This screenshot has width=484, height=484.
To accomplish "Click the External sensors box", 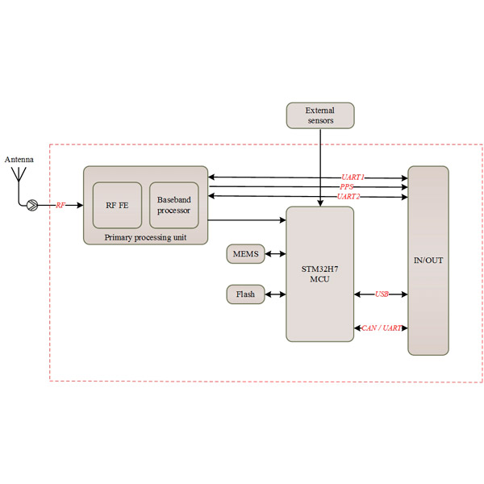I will click(x=320, y=115).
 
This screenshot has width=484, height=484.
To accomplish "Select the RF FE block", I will click(x=118, y=206).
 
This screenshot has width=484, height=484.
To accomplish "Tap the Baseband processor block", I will click(x=173, y=206).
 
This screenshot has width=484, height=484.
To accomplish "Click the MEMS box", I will click(x=245, y=254).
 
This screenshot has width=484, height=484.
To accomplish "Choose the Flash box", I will click(x=245, y=294).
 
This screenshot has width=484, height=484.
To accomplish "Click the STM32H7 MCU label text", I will click(x=319, y=273).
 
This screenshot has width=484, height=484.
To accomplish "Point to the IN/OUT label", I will click(x=428, y=261).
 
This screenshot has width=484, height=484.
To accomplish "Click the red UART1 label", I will click(x=352, y=177).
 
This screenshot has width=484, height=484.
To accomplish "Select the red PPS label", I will click(x=347, y=186).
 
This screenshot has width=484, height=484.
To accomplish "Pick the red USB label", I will click(x=382, y=294).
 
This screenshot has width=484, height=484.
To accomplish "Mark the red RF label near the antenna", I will click(x=60, y=206).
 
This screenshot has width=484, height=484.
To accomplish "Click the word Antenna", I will click(x=19, y=160).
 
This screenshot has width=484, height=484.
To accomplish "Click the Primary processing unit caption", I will click(x=145, y=237).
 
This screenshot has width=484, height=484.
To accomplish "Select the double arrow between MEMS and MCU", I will click(x=275, y=254).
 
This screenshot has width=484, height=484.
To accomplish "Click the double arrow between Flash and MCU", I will click(x=275, y=294).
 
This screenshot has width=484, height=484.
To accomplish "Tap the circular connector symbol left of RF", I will click(x=31, y=206).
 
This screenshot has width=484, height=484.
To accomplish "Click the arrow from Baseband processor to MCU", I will click(x=247, y=219).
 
